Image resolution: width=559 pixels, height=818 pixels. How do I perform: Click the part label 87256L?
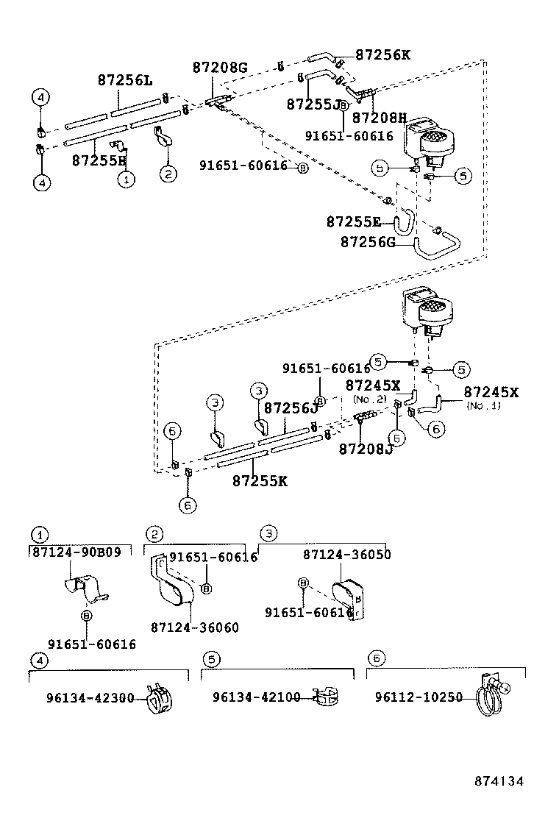coord(125,80)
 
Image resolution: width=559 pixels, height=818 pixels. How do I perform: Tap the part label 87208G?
coord(220,68)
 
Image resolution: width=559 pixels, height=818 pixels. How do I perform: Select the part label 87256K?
coord(383,54)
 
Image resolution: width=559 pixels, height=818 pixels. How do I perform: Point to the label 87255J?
coord(313,104)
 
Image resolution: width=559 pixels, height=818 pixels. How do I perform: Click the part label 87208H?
coord(380,118)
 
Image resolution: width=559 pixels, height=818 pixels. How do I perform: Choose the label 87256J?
coord(291,408)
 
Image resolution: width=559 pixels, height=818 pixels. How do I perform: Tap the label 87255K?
coord(260,481)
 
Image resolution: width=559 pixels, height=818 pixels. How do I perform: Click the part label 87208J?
coord(366,449)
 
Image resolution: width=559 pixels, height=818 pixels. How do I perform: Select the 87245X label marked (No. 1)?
coord(491,393)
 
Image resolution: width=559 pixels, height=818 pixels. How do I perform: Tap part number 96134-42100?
coord(257,697)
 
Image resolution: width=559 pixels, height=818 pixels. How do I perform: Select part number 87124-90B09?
coord(76,552)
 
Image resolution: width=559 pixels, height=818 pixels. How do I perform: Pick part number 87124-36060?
coord(195,627)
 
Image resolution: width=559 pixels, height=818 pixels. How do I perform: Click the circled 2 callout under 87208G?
coord(168,174)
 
